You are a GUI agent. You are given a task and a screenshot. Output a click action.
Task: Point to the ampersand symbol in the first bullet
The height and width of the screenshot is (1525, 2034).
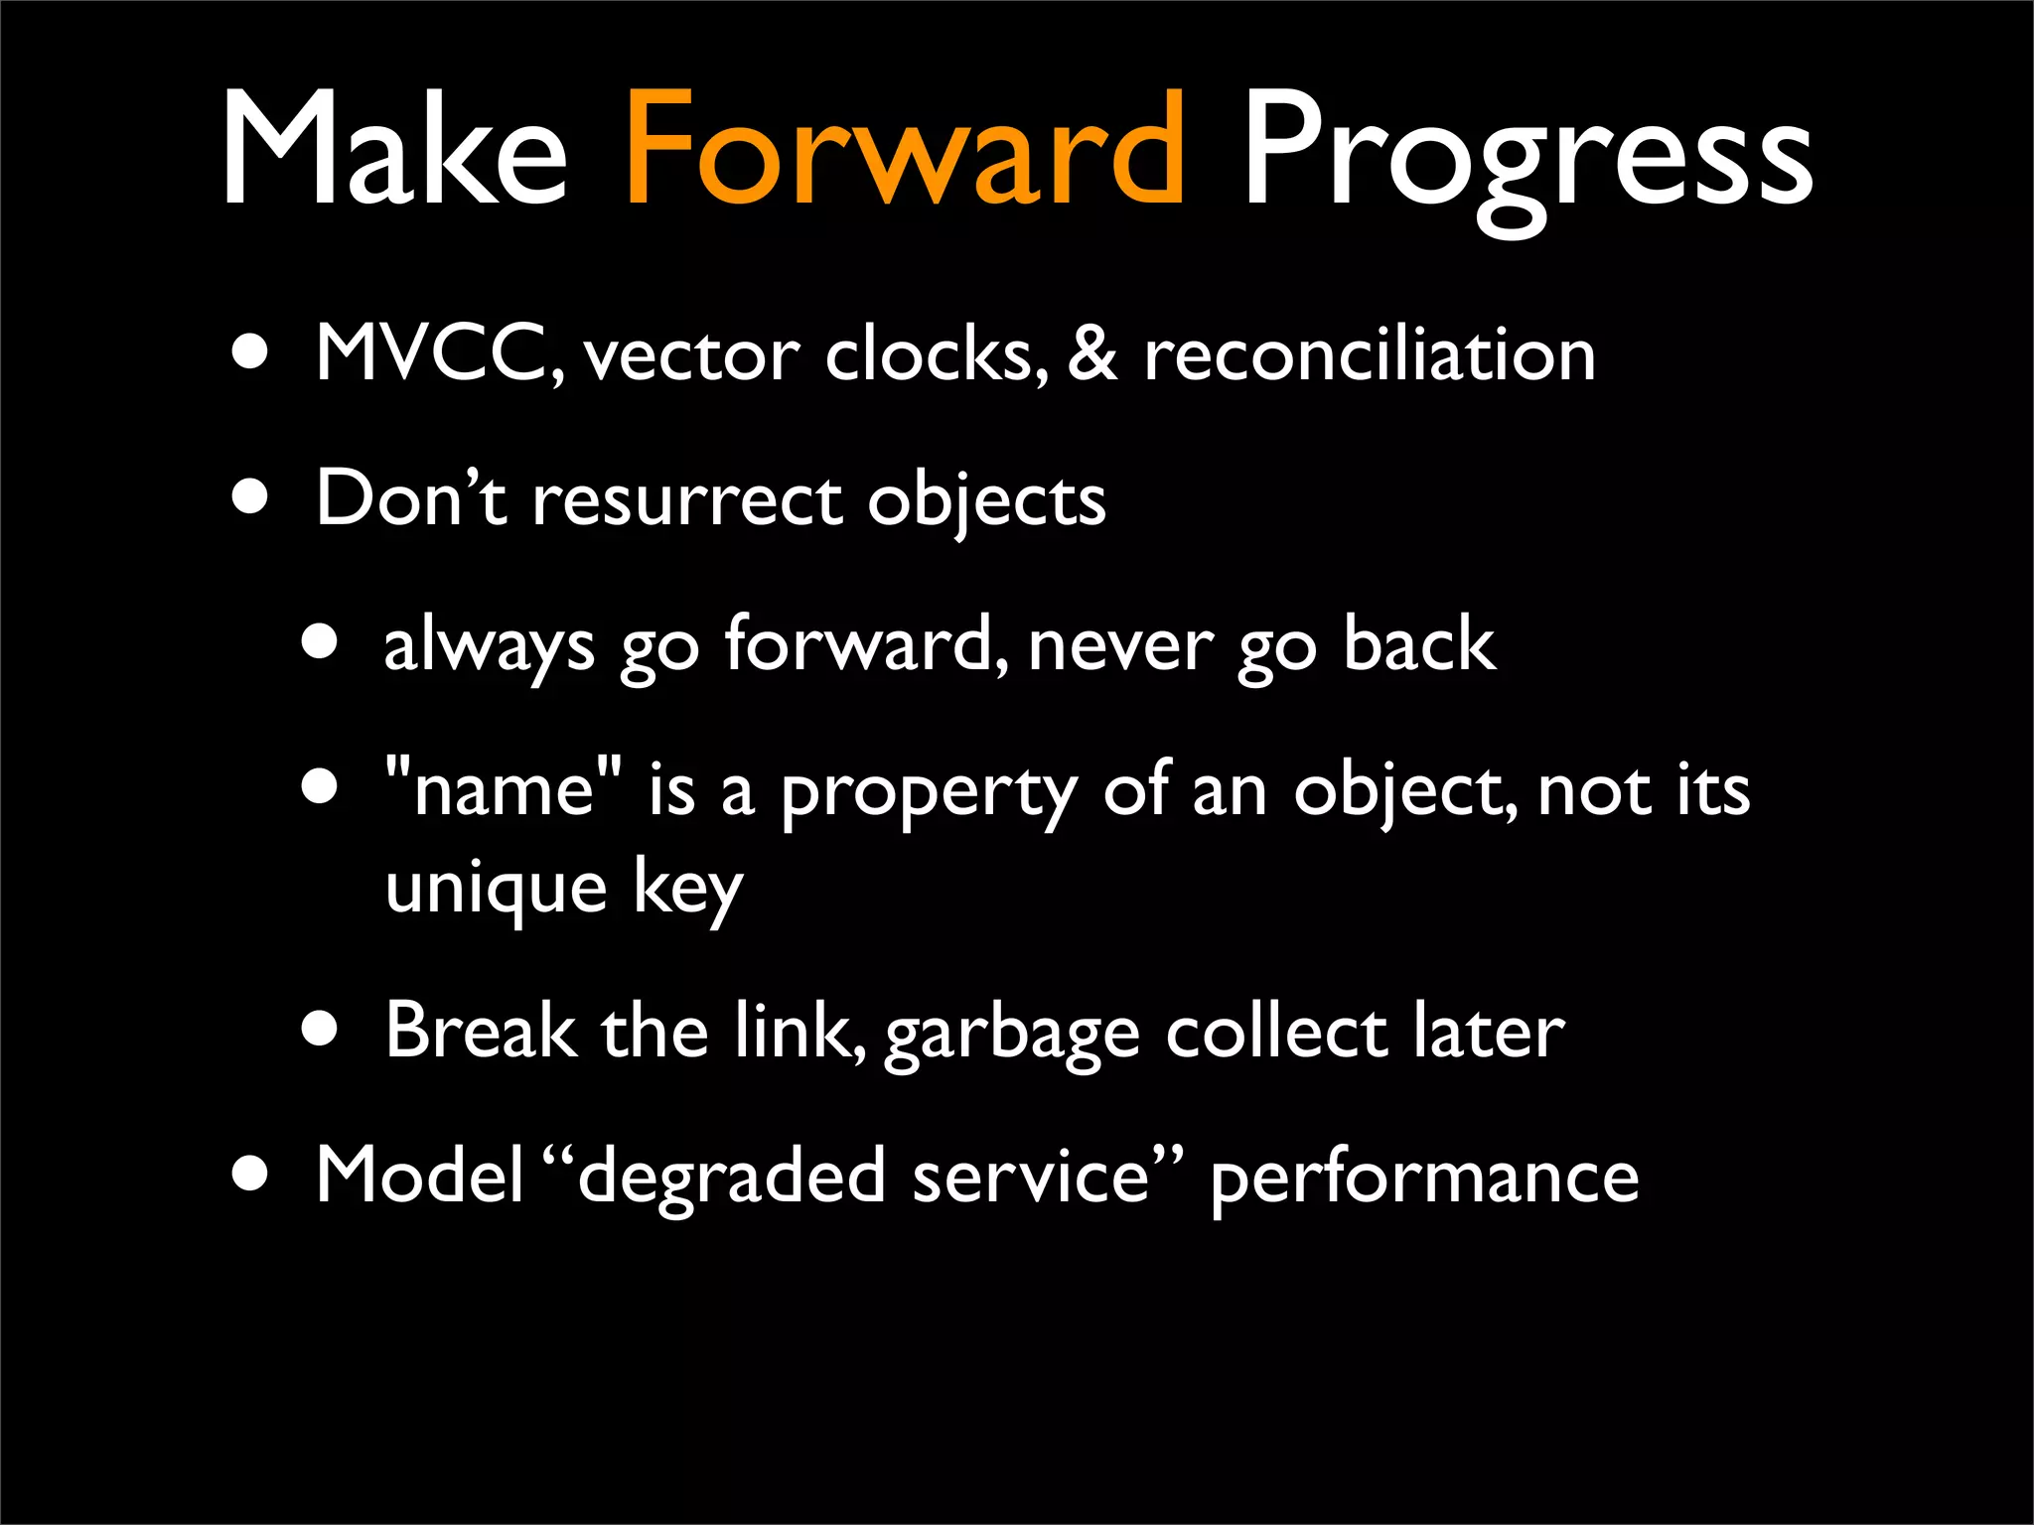pos(1092,353)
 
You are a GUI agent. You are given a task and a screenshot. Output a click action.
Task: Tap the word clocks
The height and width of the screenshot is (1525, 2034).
pos(936,353)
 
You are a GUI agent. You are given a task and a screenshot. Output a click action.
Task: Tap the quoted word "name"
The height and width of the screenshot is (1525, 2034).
pos(505,790)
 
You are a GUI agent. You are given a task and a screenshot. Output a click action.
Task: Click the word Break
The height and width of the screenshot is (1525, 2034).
pos(481,1031)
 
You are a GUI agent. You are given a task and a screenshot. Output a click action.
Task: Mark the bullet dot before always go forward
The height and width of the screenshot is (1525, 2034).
pos(321,644)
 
